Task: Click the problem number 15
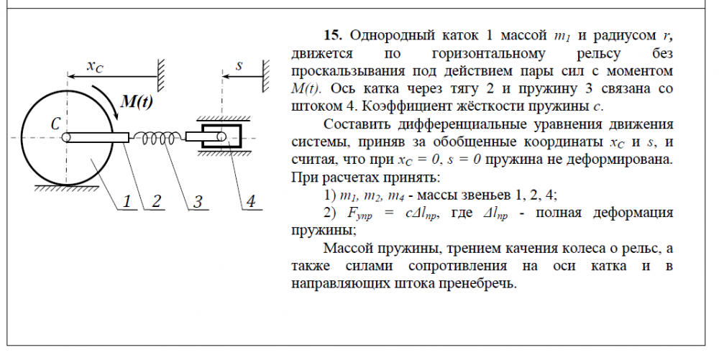[x=333, y=35]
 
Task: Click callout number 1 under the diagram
[x=127, y=201]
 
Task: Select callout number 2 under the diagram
[x=156, y=201]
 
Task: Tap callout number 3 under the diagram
[x=197, y=201]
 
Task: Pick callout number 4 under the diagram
[x=250, y=201]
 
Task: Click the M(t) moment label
[x=137, y=101]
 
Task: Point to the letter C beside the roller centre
[x=55, y=124]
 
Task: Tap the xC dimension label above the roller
[x=96, y=66]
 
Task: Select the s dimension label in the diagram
[x=239, y=66]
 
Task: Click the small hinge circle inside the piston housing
[x=221, y=137]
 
